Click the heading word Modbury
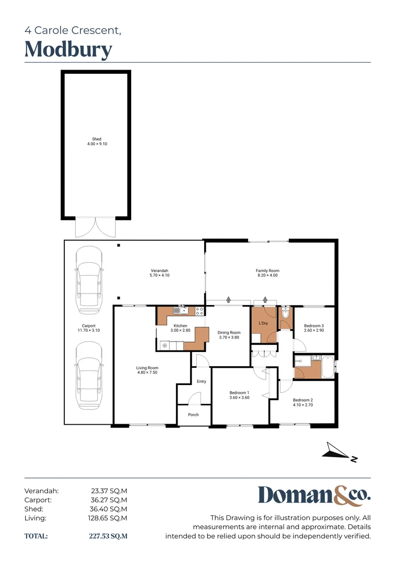[68, 50]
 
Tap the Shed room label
[97, 139]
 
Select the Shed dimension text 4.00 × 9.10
[97, 144]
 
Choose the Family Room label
[267, 270]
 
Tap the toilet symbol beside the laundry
[285, 313]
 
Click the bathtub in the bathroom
[326, 367]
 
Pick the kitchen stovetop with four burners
[199, 311]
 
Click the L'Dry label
[264, 323]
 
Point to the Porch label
[193, 415]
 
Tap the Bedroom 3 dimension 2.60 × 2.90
[314, 331]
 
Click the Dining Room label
[229, 332]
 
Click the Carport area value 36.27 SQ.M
[109, 500]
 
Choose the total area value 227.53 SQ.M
[108, 536]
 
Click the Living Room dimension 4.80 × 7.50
[147, 372]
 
